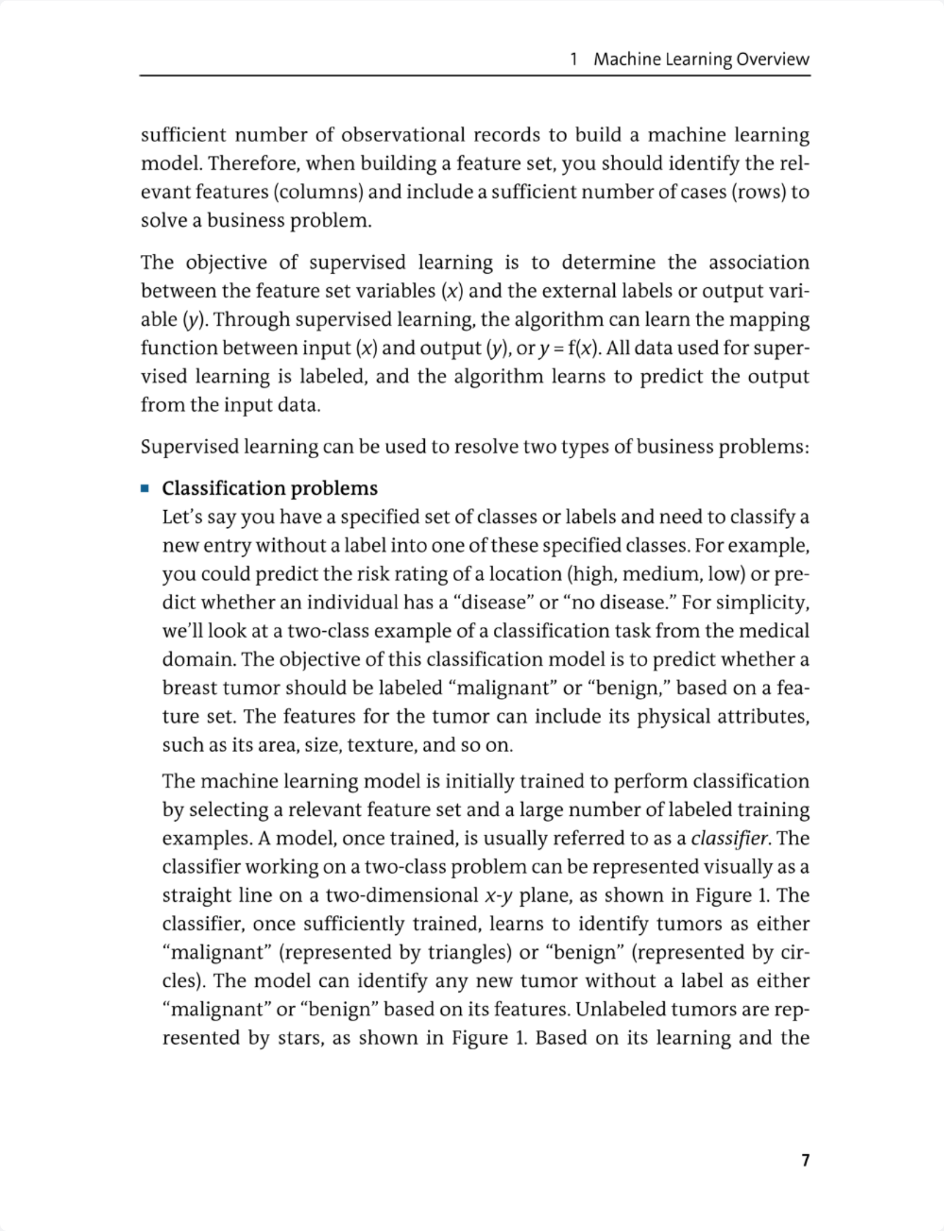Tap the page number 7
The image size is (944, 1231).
(805, 1160)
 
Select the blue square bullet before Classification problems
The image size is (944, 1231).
(145, 488)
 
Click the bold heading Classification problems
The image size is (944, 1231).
(270, 488)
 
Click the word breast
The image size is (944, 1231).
(189, 688)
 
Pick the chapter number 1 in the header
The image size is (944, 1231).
(573, 59)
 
